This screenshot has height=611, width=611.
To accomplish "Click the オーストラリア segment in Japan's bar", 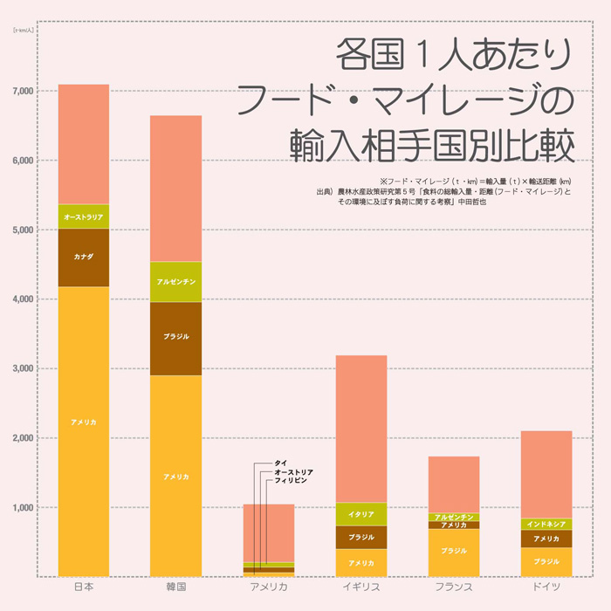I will (83, 216).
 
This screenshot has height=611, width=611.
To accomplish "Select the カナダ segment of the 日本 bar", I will (83, 257).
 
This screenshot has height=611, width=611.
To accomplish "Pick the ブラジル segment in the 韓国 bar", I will (175, 338).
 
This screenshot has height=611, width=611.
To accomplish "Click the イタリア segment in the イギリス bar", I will (361, 514).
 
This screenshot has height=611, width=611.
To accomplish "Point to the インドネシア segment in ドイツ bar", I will (546, 524).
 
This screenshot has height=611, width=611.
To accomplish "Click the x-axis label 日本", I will (83, 587).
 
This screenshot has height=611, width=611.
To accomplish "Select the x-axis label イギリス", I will (361, 587).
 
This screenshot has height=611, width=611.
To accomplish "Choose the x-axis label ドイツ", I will (546, 587).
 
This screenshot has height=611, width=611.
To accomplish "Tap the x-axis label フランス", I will (454, 587).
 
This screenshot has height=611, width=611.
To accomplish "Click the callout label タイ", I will (280, 463).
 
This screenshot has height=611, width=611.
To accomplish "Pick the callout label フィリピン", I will (292, 481).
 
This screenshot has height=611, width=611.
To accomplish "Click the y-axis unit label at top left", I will (24, 31).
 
